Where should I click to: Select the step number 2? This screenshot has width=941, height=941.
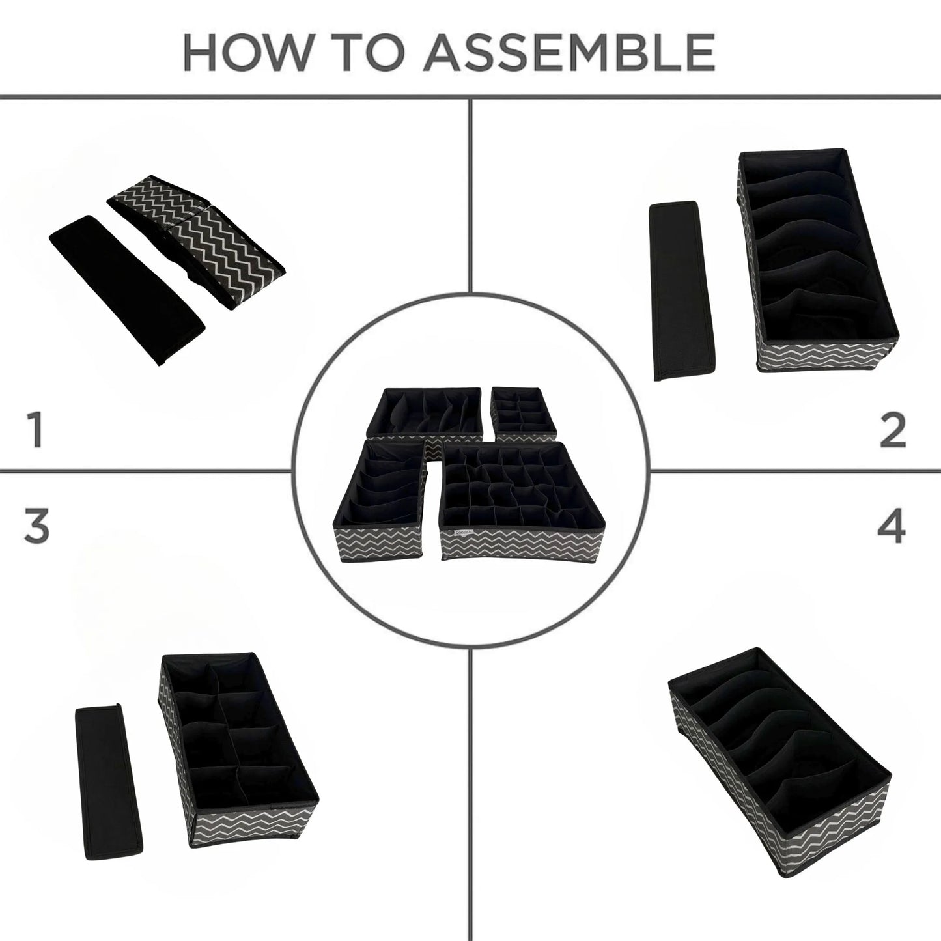coord(893,430)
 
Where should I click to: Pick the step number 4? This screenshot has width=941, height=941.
coord(892,528)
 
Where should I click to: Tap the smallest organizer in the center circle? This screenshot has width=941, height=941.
coord(524,410)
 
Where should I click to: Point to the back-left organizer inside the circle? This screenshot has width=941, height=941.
coord(424,414)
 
